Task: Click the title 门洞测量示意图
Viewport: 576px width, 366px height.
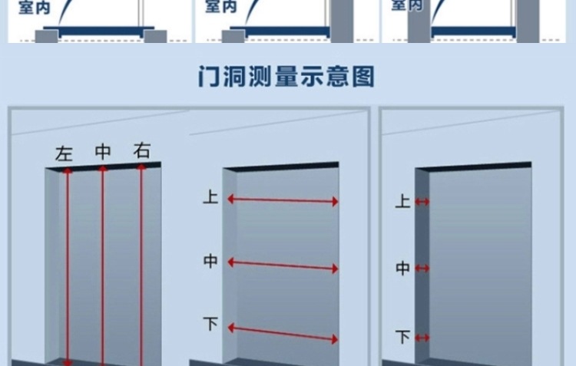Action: coord(286,77)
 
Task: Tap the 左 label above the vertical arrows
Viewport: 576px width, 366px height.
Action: coord(64,153)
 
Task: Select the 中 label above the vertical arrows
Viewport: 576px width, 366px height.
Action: coord(103,151)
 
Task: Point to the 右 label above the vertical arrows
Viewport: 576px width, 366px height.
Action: coord(141,150)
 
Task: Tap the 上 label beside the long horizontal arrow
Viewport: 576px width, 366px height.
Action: coord(210,198)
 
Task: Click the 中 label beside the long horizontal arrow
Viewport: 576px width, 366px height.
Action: coord(210,262)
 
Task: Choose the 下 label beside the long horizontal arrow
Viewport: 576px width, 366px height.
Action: coord(210,324)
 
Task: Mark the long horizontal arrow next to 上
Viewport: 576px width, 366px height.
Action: coord(283,200)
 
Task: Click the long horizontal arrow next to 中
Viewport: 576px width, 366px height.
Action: coord(283,265)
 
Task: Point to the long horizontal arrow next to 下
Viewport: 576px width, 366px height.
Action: coord(283,332)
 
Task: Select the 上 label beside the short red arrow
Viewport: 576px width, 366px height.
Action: coord(402,202)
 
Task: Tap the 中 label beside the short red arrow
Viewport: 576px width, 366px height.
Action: coord(402,269)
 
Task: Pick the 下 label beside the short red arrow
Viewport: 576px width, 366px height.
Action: coord(402,336)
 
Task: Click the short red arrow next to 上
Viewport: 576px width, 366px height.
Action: coord(422,202)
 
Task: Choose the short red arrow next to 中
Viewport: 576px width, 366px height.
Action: coord(422,269)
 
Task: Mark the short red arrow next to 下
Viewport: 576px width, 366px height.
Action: coord(422,336)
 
